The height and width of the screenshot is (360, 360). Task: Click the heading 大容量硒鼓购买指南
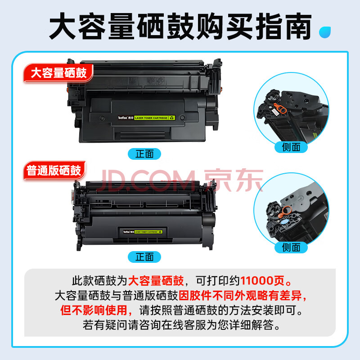click(180, 27)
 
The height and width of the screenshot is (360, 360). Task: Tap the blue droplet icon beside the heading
click(325, 32)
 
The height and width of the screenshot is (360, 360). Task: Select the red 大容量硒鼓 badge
click(58, 73)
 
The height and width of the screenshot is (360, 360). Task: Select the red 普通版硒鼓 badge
click(54, 171)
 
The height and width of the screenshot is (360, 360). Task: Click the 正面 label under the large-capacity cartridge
click(144, 154)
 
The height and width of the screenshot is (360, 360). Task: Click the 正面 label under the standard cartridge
click(144, 256)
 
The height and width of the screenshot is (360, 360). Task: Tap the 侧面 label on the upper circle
click(291, 147)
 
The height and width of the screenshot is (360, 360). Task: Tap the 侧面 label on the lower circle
click(291, 247)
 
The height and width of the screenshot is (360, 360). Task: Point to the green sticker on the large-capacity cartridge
click(154, 118)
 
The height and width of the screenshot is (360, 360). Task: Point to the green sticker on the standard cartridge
click(148, 232)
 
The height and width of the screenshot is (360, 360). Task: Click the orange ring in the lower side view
click(285, 211)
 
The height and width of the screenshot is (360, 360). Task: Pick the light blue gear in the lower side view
click(284, 222)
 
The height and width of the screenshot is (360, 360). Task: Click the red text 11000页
click(262, 280)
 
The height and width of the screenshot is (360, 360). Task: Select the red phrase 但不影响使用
click(94, 310)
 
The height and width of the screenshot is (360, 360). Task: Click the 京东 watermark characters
click(234, 180)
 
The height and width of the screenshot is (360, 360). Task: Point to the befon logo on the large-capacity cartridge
click(123, 118)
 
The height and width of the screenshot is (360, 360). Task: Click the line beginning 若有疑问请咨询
click(181, 325)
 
